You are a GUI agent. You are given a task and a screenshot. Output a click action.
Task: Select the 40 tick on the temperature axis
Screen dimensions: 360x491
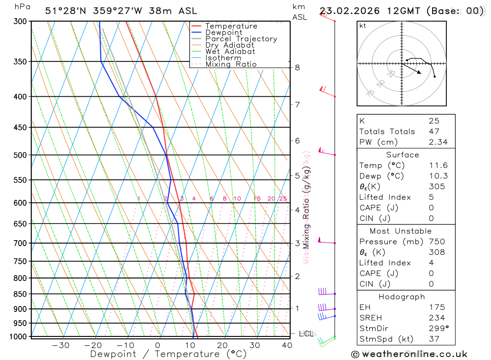pyautogui.click(x=287, y=345)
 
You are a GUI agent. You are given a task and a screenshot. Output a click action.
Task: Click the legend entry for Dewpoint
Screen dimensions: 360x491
pyautogui.click(x=224, y=32)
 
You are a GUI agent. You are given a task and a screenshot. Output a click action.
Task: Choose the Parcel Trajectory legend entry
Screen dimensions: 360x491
pyautogui.click(x=241, y=39)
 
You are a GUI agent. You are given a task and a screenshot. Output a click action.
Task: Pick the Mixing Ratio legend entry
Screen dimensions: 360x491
pyautogui.click(x=231, y=64)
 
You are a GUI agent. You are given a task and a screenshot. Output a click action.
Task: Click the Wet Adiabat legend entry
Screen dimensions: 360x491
pyautogui.click(x=230, y=52)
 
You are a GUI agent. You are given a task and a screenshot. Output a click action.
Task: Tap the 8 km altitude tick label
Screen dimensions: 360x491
pyautogui.click(x=298, y=67)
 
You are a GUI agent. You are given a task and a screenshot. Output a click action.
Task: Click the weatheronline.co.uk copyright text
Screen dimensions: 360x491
pyautogui.click(x=409, y=354)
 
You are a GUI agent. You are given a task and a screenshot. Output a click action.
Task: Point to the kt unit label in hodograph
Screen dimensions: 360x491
pyautogui.click(x=363, y=26)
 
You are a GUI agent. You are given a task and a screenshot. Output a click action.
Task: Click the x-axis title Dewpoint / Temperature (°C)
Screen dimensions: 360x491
pyautogui.click(x=168, y=354)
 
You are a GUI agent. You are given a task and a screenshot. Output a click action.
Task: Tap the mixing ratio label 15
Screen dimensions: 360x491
pyautogui.click(x=257, y=198)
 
